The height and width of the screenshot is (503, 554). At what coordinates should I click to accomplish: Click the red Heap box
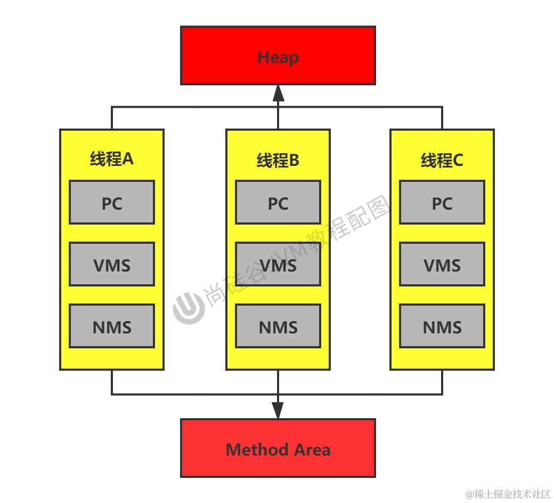click(278, 55)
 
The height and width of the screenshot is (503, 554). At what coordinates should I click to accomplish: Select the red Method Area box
click(278, 448)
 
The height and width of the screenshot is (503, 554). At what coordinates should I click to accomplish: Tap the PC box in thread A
click(112, 202)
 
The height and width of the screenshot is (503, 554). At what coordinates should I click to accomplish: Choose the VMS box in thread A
click(112, 264)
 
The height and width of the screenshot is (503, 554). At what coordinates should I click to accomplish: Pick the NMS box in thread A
click(112, 326)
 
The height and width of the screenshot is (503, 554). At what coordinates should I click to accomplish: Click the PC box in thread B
click(278, 202)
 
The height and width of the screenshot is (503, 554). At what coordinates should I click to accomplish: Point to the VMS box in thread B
click(278, 264)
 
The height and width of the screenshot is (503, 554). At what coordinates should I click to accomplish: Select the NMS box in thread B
click(278, 326)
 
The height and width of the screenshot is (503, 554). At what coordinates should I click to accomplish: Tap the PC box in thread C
click(442, 202)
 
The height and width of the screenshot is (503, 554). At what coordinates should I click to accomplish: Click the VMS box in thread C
click(442, 264)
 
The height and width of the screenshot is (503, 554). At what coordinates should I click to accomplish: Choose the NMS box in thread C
click(442, 326)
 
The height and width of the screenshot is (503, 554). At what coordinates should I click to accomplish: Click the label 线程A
click(112, 158)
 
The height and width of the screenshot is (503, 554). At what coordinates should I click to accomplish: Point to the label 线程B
click(278, 160)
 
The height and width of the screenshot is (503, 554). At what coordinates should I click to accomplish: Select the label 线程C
click(442, 160)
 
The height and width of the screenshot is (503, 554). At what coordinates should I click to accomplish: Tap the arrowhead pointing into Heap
click(279, 93)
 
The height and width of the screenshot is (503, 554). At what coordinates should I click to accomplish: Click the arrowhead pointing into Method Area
click(278, 410)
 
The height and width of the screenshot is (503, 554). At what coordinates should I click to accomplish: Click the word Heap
click(278, 57)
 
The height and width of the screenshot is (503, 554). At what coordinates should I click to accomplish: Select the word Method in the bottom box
click(257, 450)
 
